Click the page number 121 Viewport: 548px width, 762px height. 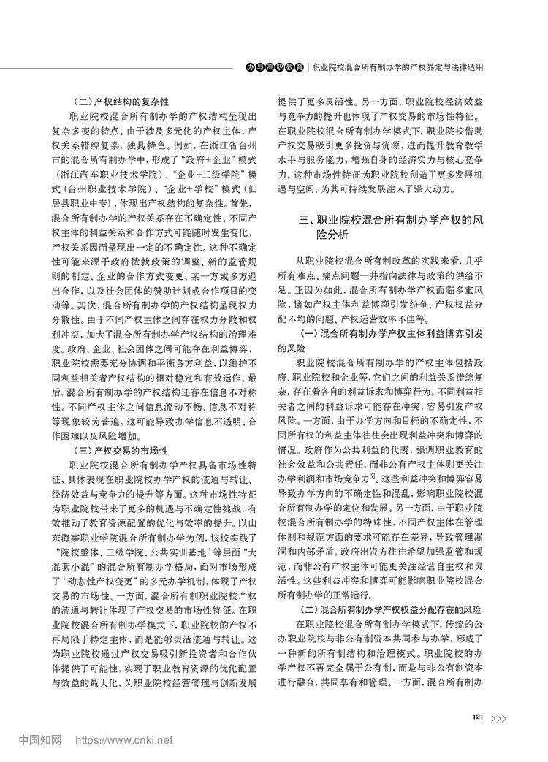click(x=479, y=696)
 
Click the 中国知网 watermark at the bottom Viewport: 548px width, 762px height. click(x=39, y=739)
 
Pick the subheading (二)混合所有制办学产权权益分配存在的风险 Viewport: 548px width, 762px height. click(x=387, y=606)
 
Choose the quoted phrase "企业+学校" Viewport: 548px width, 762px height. click(x=195, y=191)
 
